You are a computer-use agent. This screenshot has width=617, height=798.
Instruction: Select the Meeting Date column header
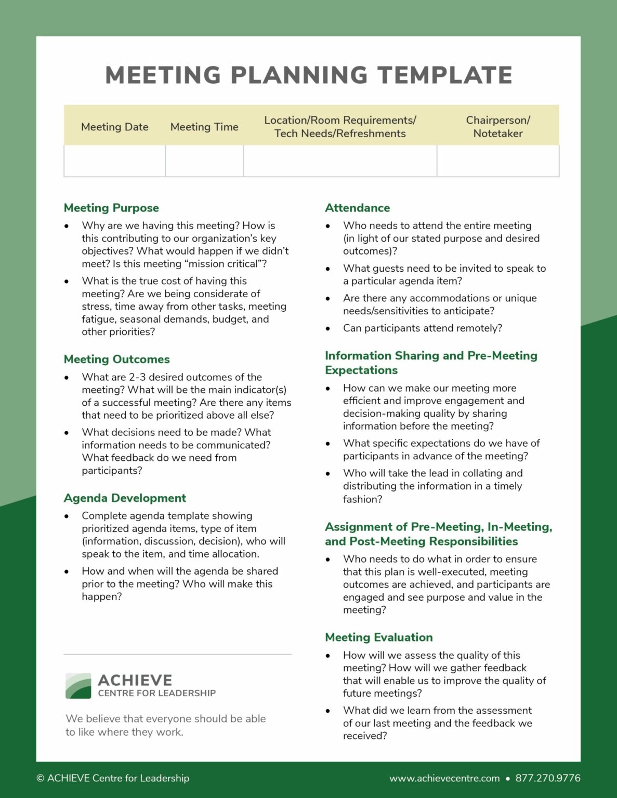pyautogui.click(x=114, y=127)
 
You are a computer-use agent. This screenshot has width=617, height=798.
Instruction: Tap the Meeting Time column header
pyautogui.click(x=204, y=127)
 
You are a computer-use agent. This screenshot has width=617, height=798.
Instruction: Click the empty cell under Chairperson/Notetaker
pyautogui.click(x=497, y=161)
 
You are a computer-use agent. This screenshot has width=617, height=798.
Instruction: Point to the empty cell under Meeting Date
pyautogui.click(x=114, y=161)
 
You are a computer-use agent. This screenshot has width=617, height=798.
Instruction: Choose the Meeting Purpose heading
pyautogui.click(x=111, y=208)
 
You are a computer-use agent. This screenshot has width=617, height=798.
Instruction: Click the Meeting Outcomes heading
pyautogui.click(x=116, y=359)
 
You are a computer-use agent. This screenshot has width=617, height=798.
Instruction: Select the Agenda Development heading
pyautogui.click(x=125, y=498)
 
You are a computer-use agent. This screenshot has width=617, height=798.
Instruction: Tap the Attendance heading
pyautogui.click(x=357, y=208)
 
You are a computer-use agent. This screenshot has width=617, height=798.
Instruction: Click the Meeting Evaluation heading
pyautogui.click(x=378, y=637)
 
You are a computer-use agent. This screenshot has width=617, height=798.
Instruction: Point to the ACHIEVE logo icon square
pyautogui.click(x=78, y=686)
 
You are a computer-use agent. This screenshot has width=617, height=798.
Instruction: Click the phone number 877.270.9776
pyautogui.click(x=547, y=778)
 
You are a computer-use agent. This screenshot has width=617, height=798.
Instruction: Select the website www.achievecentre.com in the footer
pyautogui.click(x=444, y=778)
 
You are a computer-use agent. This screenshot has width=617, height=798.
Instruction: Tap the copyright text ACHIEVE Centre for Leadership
pyautogui.click(x=113, y=778)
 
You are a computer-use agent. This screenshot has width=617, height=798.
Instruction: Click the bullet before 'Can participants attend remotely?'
pyautogui.click(x=328, y=329)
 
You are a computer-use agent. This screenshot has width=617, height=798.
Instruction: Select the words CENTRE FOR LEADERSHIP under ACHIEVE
pyautogui.click(x=156, y=693)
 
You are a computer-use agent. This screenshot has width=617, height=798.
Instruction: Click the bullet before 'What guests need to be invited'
pyautogui.click(x=328, y=269)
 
